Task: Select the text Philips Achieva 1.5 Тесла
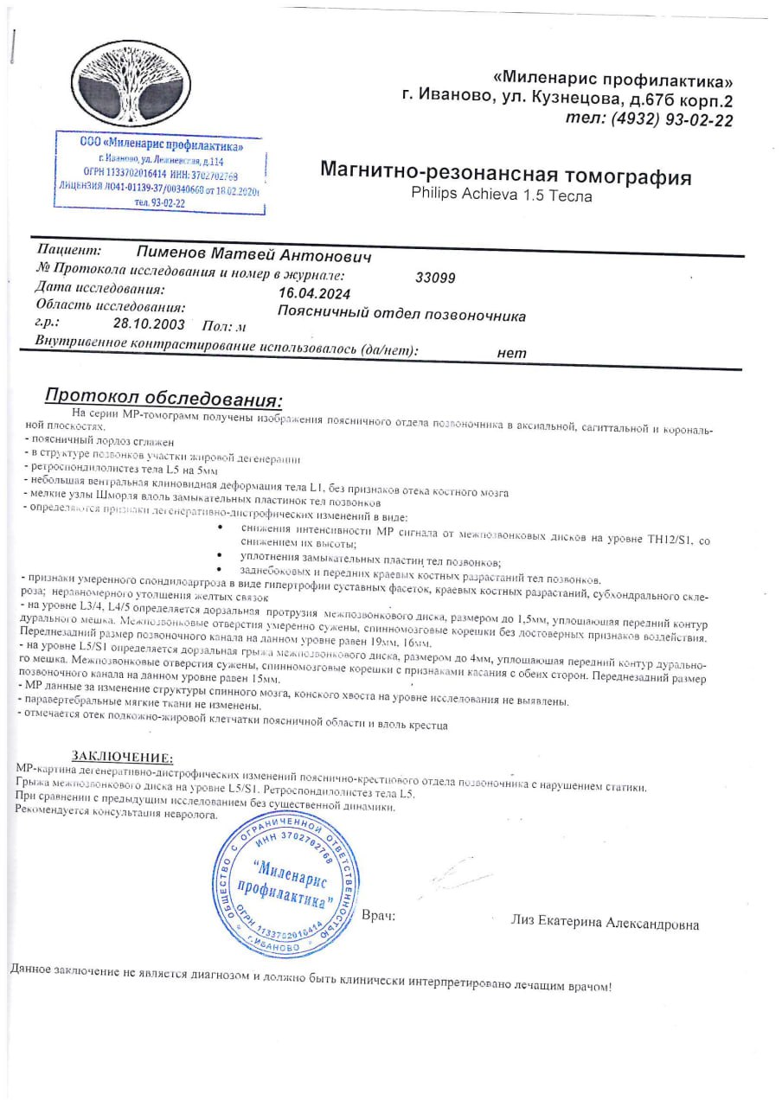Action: tap(502, 195)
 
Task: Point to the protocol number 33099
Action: tap(435, 278)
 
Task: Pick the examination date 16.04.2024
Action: tap(316, 293)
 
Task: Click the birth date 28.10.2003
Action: tap(149, 323)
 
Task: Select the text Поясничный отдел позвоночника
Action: tap(401, 315)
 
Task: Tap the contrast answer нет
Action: tap(512, 352)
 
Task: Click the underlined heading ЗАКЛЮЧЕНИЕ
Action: tap(122, 758)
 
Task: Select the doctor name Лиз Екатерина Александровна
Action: tap(605, 924)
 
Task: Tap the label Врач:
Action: tap(378, 915)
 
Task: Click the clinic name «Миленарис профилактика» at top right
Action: tap(612, 81)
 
